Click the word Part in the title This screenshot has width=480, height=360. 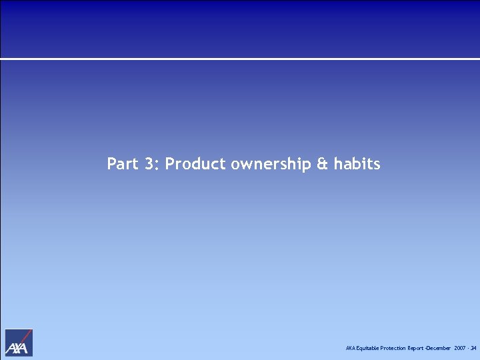[121, 163]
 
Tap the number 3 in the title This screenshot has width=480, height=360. [149, 163]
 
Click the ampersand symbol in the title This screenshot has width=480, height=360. [323, 163]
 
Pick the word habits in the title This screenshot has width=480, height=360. [357, 163]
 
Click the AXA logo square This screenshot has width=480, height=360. [19, 343]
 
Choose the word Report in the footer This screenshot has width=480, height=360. [415, 349]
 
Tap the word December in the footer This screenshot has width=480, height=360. [439, 349]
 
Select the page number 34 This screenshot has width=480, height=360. [473, 349]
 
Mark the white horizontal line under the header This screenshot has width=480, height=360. [240, 59]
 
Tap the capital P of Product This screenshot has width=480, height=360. [169, 163]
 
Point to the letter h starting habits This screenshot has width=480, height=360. [337, 163]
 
